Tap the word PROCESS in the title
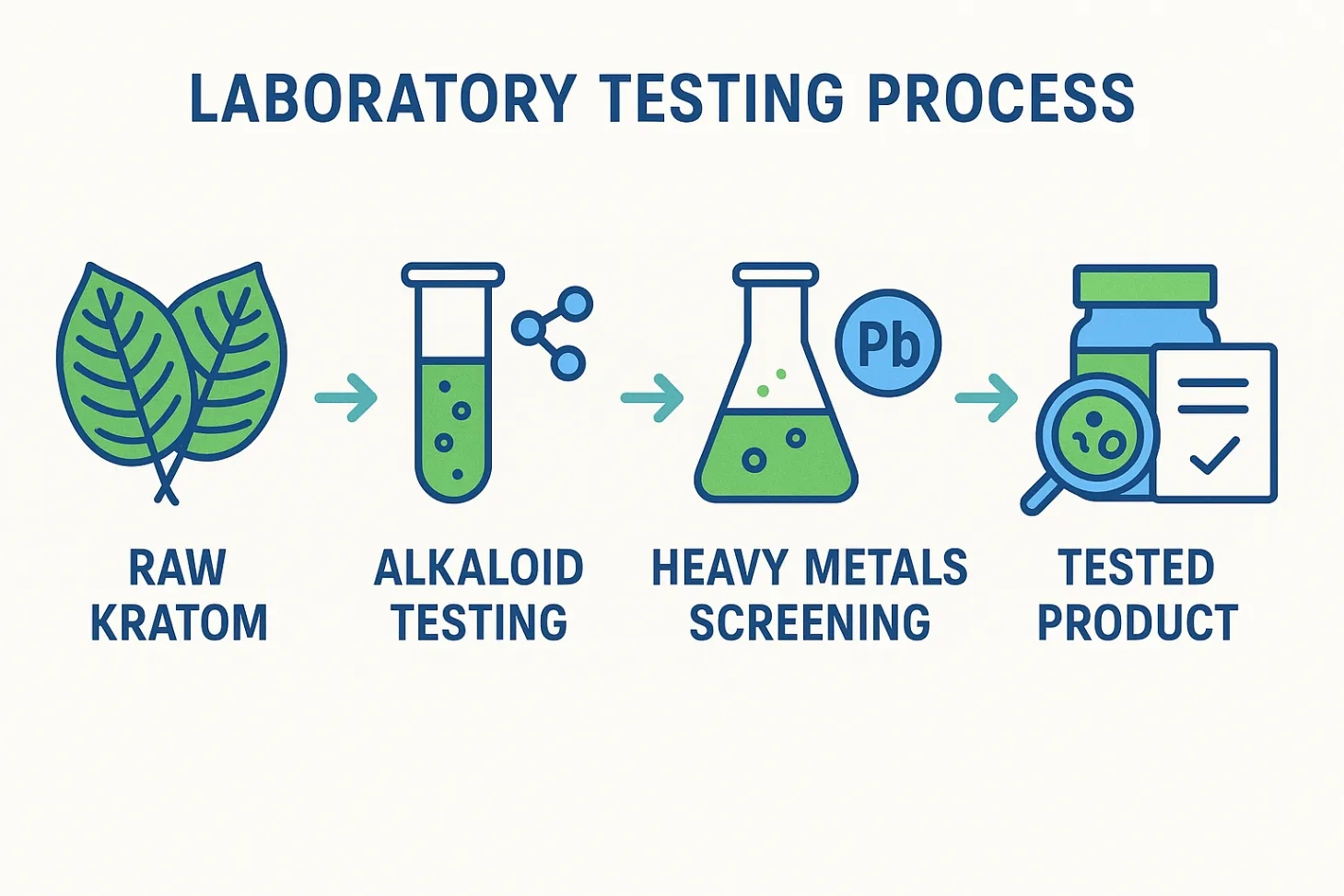[1000, 99]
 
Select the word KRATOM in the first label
[180, 623]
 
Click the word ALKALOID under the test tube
[479, 568]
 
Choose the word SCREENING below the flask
[810, 623]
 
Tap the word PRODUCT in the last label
[1139, 623]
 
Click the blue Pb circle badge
[889, 343]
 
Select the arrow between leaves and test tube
[346, 397]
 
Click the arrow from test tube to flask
[652, 397]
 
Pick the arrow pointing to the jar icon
[987, 397]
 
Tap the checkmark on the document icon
[1214, 455]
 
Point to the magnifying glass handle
[1042, 495]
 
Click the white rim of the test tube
[453, 274]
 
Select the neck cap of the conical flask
[776, 274]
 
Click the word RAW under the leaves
[178, 568]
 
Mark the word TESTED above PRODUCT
[1137, 568]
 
